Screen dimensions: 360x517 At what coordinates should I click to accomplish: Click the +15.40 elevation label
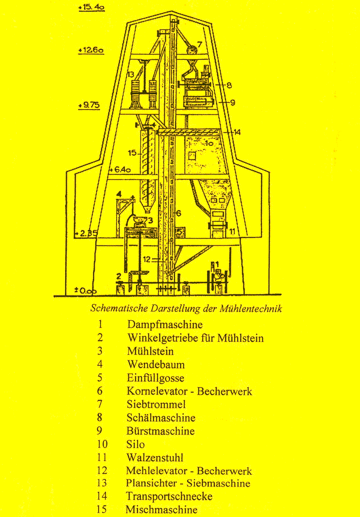coord(91,7)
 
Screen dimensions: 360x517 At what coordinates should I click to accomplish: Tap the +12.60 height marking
coord(91,50)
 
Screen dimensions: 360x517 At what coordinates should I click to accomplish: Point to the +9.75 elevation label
coord(89,105)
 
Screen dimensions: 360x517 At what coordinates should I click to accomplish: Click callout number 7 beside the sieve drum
coord(199,44)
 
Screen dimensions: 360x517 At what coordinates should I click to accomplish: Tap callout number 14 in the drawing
coord(237,132)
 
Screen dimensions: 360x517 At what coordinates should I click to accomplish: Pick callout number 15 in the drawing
coord(132,153)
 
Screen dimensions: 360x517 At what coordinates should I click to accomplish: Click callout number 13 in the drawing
coord(130,74)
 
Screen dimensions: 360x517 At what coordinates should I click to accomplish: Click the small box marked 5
coord(180,232)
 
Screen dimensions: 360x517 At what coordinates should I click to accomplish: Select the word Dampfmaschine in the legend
coord(165,324)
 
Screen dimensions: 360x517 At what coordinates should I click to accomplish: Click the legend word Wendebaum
coord(156,364)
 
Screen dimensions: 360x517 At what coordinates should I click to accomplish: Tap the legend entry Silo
coord(135,444)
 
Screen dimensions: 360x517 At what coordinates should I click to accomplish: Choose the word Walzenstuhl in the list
coord(155,458)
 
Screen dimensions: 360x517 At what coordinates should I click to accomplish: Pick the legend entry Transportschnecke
coord(169,496)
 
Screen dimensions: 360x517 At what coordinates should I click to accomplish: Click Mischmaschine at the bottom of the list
coord(162,509)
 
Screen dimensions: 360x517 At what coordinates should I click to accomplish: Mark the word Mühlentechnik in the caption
coord(251,309)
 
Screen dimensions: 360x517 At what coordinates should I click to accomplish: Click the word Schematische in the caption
coord(119,309)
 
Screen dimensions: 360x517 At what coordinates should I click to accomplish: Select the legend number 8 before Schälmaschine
coord(100,417)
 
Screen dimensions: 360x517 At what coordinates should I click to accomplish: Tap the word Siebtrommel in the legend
coord(156,404)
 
